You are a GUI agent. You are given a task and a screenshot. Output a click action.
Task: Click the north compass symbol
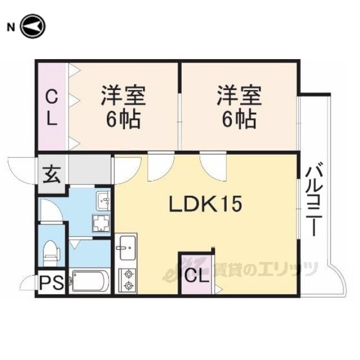pos(33,26)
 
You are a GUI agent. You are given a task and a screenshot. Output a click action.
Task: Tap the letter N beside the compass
pos(11,28)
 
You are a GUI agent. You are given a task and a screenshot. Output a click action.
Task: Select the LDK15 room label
pos(205,204)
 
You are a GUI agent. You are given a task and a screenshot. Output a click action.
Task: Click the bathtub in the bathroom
pos(90,281)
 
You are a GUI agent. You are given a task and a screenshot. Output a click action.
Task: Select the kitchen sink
pos(128,247)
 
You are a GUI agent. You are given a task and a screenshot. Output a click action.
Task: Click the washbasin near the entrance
pos(103,201)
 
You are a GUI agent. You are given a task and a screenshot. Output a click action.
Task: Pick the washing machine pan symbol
pos(101,223)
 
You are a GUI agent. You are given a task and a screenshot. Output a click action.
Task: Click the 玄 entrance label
pos(52,174)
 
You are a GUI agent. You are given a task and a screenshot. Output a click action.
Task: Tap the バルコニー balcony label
pos(314,199)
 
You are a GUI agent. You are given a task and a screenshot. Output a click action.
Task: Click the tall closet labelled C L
pos(52,107)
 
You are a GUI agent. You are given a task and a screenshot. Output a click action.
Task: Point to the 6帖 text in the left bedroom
pos(123,120)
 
